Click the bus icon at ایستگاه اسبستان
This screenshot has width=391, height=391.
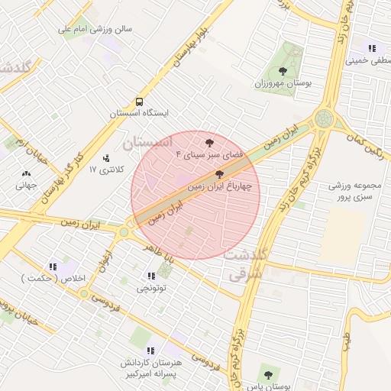tap(139, 101)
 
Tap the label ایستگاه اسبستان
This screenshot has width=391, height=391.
tap(138, 113)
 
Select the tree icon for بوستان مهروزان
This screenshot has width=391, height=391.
tap(283, 70)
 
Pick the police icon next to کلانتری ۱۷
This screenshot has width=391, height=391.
tap(105, 157)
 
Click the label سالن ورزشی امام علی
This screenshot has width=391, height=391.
tap(97, 30)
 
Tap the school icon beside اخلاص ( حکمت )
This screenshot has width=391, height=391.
tap(53, 267)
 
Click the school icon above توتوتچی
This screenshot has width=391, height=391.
tap(150, 275)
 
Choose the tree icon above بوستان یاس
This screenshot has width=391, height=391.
tap(267, 374)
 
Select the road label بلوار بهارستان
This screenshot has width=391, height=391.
tap(191, 43)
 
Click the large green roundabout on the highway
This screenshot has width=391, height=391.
tap(325, 119)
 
